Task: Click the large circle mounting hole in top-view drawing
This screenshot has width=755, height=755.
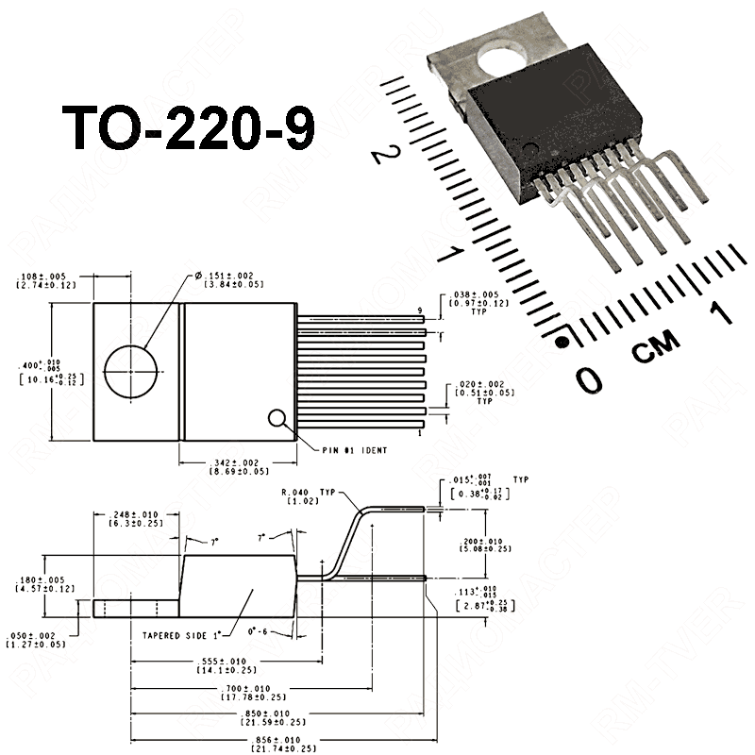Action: tap(130, 371)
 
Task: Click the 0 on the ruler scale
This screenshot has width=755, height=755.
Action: tap(589, 380)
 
